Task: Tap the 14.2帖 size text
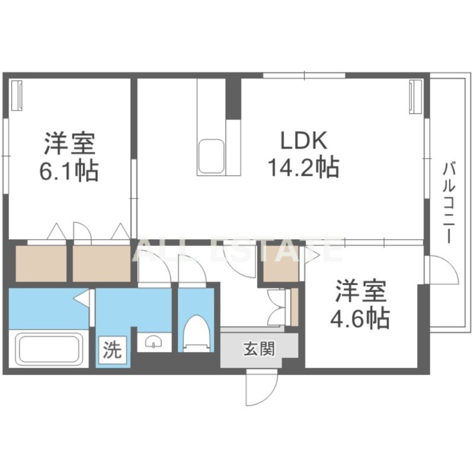(x=302, y=168)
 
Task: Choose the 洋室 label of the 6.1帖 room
(x=68, y=144)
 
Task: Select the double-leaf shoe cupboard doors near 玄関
(x=277, y=306)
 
